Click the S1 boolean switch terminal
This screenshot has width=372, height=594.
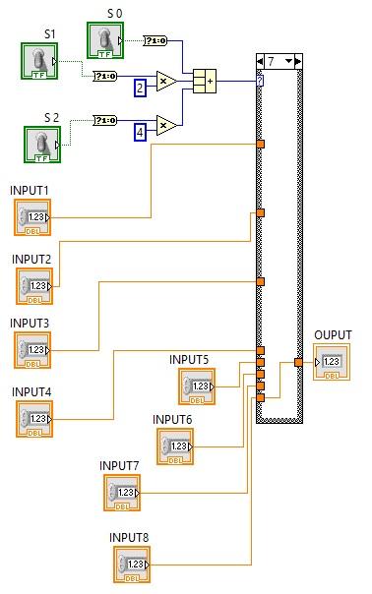click(40, 62)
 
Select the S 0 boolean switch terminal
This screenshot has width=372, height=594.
click(105, 40)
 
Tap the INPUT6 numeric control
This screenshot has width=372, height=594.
click(173, 446)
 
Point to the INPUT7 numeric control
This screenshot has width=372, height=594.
click(123, 492)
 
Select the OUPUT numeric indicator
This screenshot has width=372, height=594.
click(331, 362)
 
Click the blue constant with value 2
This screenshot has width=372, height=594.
click(141, 89)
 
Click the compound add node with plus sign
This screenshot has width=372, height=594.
click(205, 80)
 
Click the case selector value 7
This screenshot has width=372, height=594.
click(271, 61)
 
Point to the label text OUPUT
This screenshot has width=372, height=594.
click(332, 335)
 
